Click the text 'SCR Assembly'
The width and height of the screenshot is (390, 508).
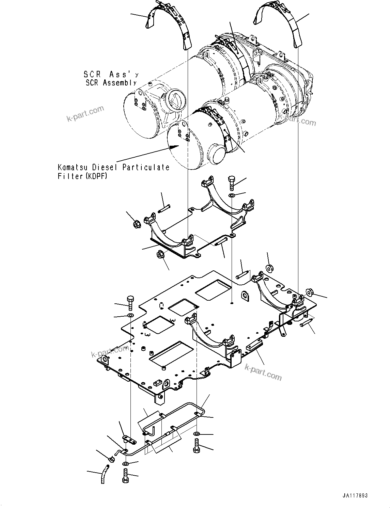click(111, 83)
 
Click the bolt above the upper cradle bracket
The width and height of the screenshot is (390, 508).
click(232, 183)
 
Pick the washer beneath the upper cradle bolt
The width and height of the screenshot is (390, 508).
click(232, 196)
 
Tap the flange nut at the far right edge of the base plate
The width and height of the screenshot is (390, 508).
click(310, 292)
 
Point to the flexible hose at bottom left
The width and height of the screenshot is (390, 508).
click(104, 474)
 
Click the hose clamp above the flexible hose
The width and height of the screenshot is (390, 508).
click(110, 459)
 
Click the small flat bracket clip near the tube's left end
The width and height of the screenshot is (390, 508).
click(127, 438)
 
